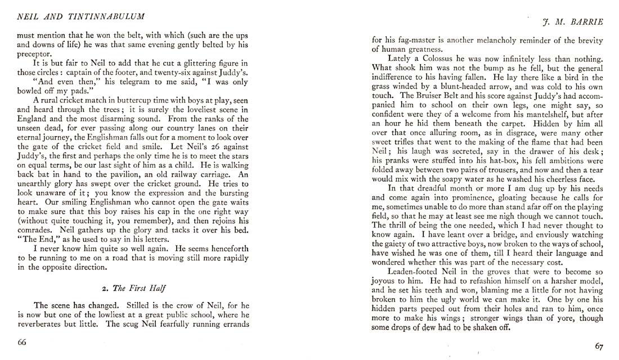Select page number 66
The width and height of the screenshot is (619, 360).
click(x=22, y=343)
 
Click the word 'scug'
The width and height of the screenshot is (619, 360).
click(x=137, y=324)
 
